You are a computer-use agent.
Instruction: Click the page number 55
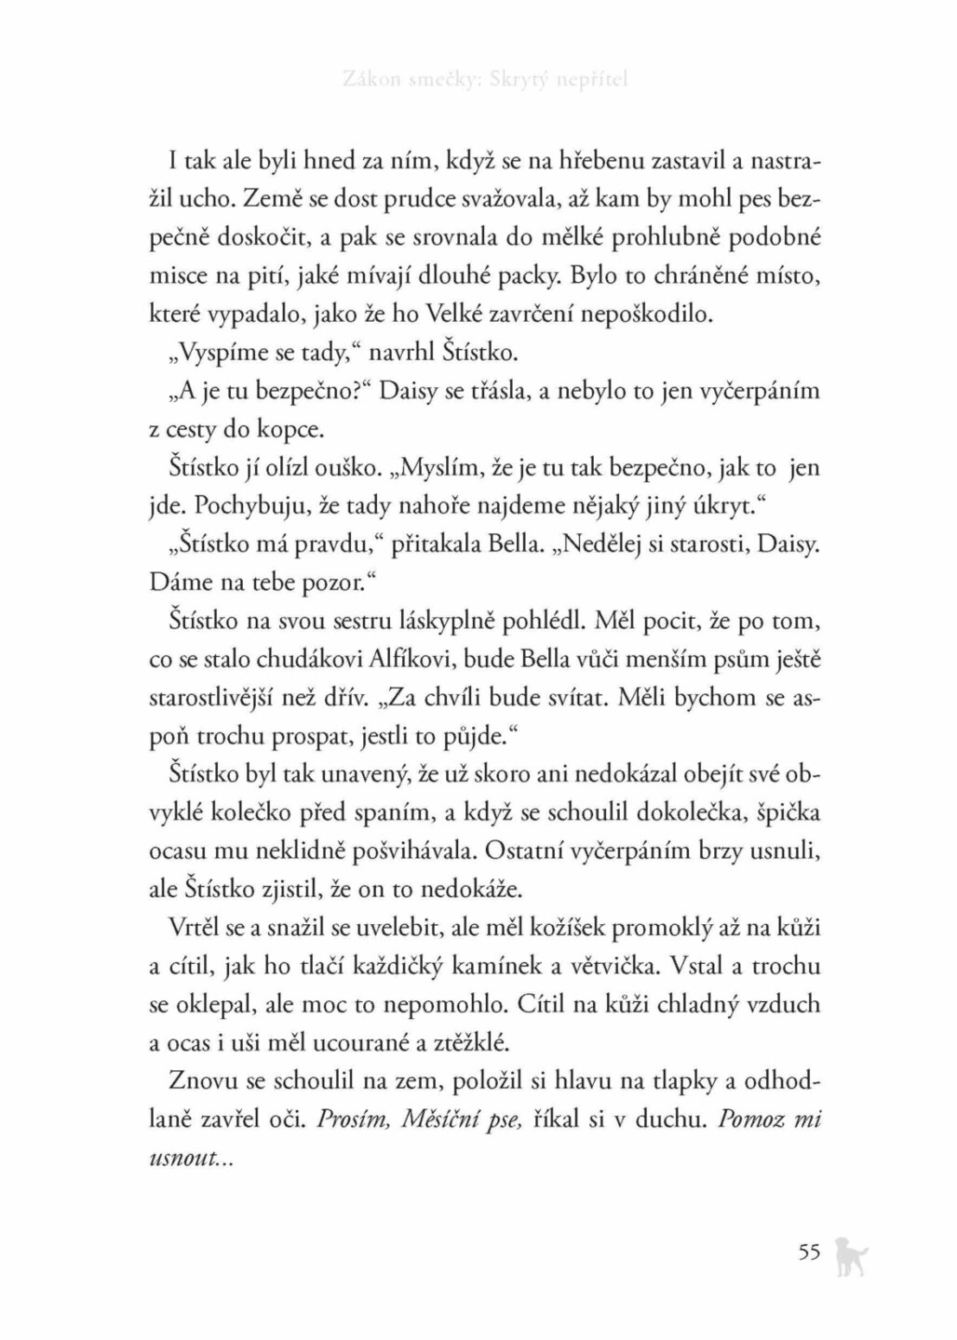tap(808, 1252)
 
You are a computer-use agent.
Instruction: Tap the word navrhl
tap(406, 353)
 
